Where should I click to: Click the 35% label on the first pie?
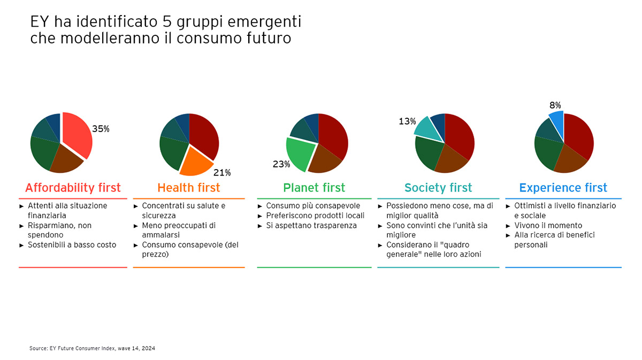101,129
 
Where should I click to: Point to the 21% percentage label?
221,172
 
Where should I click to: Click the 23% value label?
281,164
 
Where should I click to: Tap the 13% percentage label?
407,121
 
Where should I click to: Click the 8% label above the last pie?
555,105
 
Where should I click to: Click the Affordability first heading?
73,188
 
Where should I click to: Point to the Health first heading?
188,188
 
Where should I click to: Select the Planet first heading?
314,188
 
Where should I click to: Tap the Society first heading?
438,188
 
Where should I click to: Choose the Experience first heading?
563,188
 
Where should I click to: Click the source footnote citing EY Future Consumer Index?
92,348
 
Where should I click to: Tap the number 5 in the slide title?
167,22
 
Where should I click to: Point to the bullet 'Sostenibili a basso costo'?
72,245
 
